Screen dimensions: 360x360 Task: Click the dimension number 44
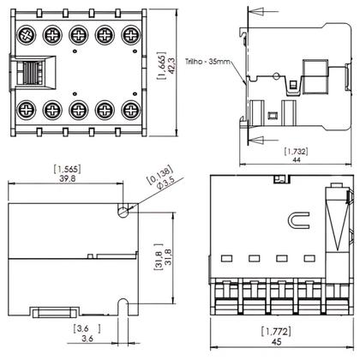pyautogui.click(x=295, y=160)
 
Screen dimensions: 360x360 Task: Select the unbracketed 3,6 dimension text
pyautogui.click(x=78, y=338)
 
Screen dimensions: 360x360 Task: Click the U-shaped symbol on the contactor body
pyautogui.click(x=300, y=221)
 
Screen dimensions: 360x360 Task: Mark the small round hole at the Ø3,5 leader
pyautogui.click(x=125, y=207)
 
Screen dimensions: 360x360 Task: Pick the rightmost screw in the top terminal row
pyautogui.click(x=130, y=37)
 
